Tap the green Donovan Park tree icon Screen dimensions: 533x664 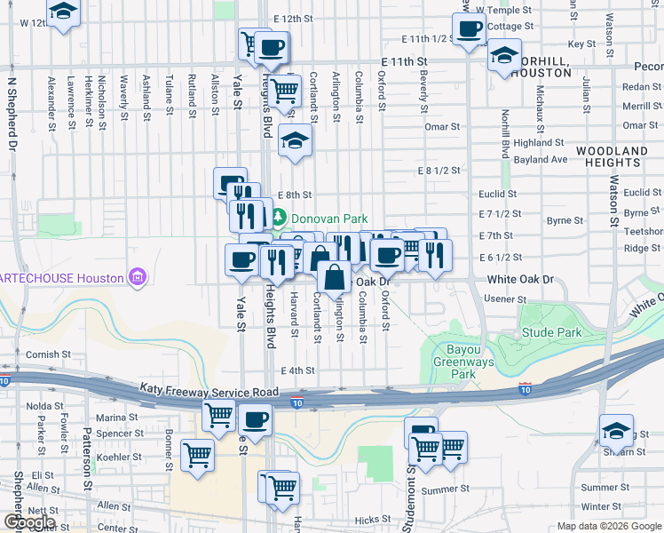point(279,217)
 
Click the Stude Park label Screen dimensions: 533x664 point(551,332)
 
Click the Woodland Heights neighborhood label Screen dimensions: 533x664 point(612,157)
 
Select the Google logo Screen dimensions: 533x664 point(28,522)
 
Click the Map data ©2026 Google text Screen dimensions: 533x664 point(608,526)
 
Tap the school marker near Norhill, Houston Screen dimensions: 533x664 point(503,55)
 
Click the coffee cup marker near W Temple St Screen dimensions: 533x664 point(469,28)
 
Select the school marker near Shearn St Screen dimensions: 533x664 point(616,431)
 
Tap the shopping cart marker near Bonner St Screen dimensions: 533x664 point(197,455)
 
